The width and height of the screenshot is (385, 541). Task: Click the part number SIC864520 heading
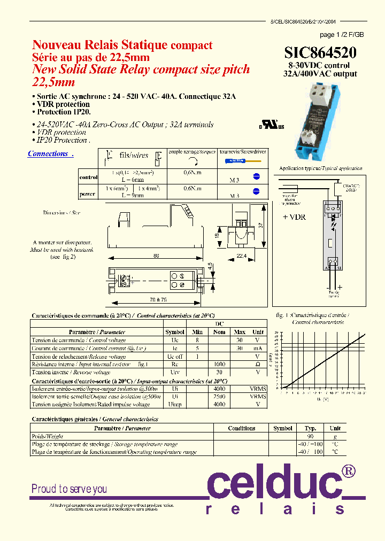click(x=320, y=52)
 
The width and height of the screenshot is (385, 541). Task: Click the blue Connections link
click(x=48, y=154)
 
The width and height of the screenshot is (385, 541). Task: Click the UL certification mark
click(x=272, y=126)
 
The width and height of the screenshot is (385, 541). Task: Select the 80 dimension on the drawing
click(x=156, y=256)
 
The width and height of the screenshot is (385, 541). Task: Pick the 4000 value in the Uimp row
click(x=219, y=405)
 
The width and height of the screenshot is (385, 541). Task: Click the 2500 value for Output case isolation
click(x=219, y=397)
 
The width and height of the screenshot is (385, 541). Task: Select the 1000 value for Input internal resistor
click(x=219, y=364)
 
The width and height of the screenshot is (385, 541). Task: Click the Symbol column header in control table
click(x=175, y=332)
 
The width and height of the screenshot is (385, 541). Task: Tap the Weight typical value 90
click(x=311, y=436)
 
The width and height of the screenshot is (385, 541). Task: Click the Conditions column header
click(x=241, y=428)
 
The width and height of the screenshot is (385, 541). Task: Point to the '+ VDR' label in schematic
click(x=294, y=217)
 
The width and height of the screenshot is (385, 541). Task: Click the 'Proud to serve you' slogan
click(x=69, y=489)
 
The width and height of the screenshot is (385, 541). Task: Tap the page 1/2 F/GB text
click(x=341, y=35)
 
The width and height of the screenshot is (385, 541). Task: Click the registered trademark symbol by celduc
click(x=348, y=470)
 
